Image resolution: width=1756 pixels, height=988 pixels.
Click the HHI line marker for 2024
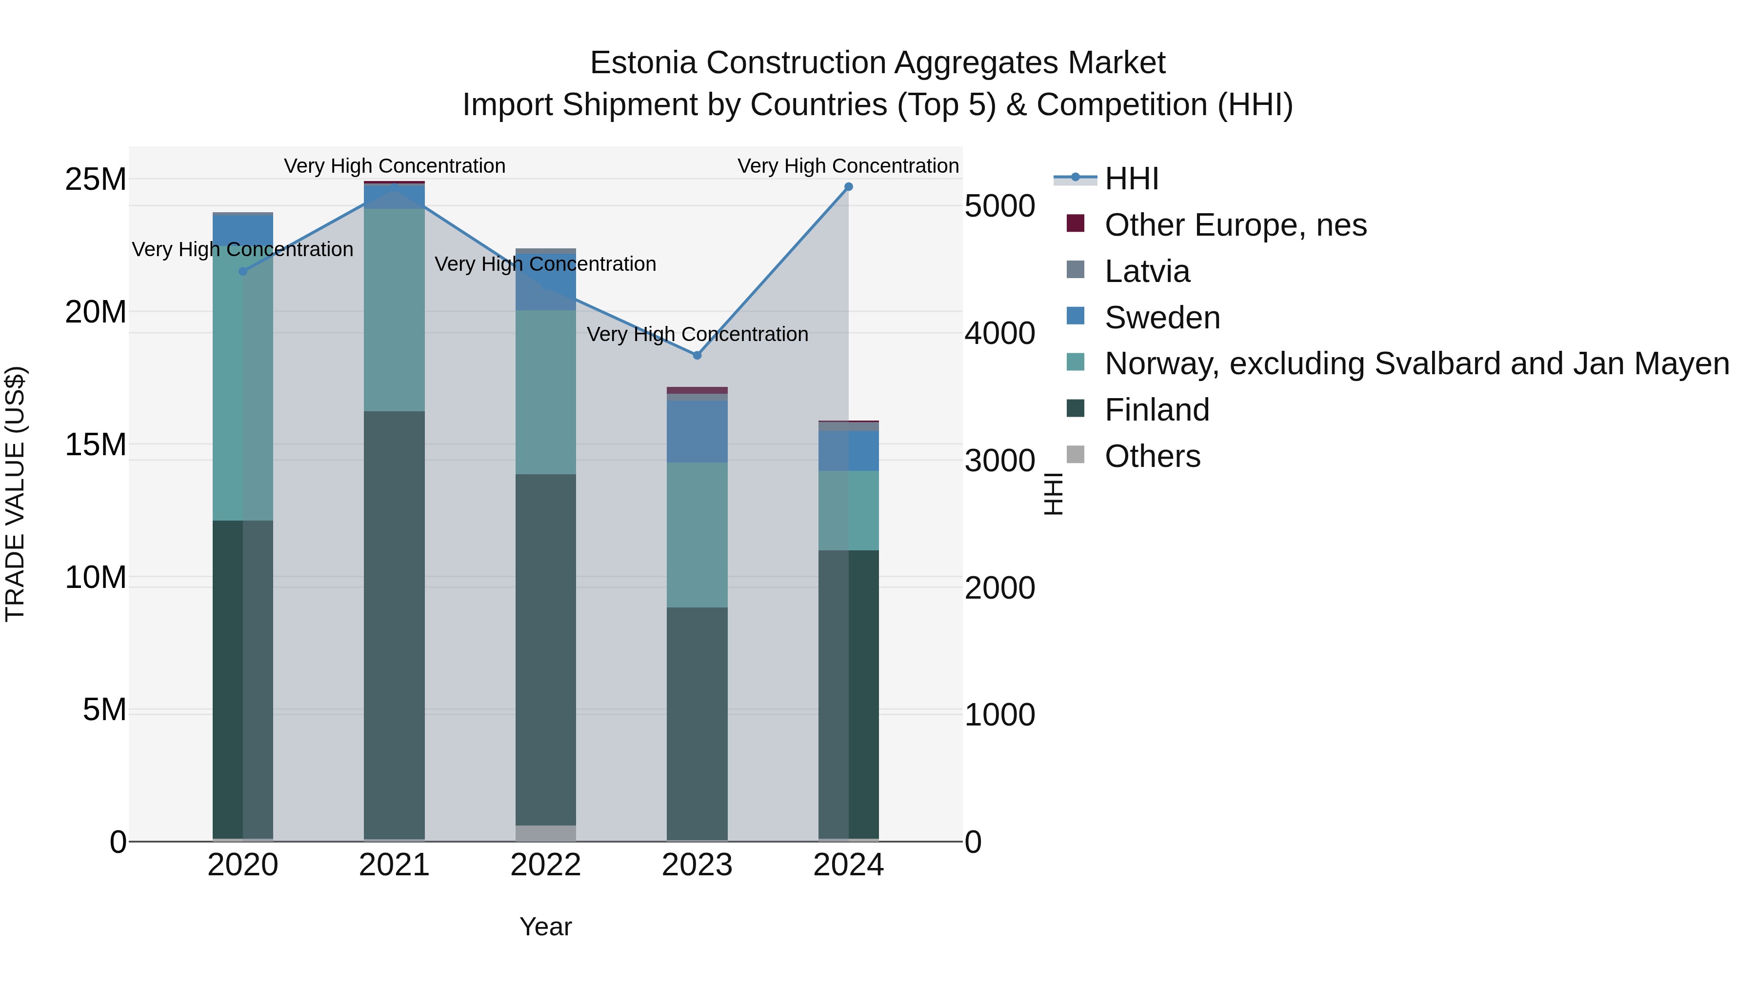(848, 187)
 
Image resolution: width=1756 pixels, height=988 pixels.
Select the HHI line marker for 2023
(697, 355)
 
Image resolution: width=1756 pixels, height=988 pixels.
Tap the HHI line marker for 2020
(243, 271)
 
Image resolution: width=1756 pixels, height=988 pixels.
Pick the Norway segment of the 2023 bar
(697, 535)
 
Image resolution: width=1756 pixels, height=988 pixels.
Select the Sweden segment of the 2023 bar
(697, 432)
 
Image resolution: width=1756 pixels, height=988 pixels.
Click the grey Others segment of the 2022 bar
(545, 833)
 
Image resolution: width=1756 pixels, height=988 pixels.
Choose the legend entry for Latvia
(1147, 271)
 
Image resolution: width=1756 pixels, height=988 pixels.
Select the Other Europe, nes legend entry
(1235, 225)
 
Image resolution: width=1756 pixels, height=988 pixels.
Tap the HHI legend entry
(1132, 179)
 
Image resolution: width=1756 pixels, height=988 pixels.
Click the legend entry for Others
(1152, 456)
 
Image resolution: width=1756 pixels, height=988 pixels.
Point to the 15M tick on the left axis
(96, 444)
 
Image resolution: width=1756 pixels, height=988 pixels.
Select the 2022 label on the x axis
(545, 865)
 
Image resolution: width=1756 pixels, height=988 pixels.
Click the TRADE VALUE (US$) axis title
(15, 494)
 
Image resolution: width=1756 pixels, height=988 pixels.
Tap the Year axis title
(545, 927)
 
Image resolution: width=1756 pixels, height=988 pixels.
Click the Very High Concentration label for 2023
(697, 334)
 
